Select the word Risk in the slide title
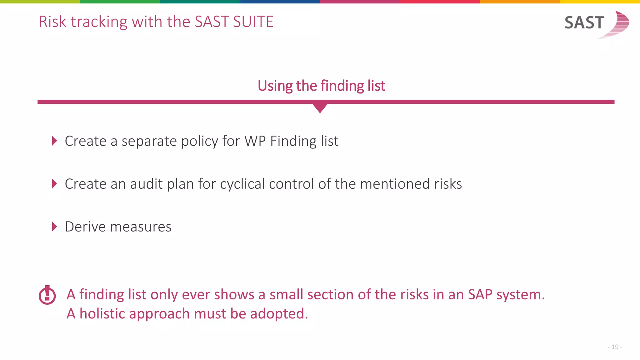coord(52,22)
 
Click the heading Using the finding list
coord(321,86)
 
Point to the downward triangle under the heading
coord(320,108)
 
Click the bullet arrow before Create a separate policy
coord(54,141)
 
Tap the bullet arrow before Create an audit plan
coord(54,184)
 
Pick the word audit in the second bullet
coord(146,184)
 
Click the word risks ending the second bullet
coord(448,184)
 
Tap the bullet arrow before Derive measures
coord(54,227)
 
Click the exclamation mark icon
coord(47,295)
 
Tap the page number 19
coord(615,347)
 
